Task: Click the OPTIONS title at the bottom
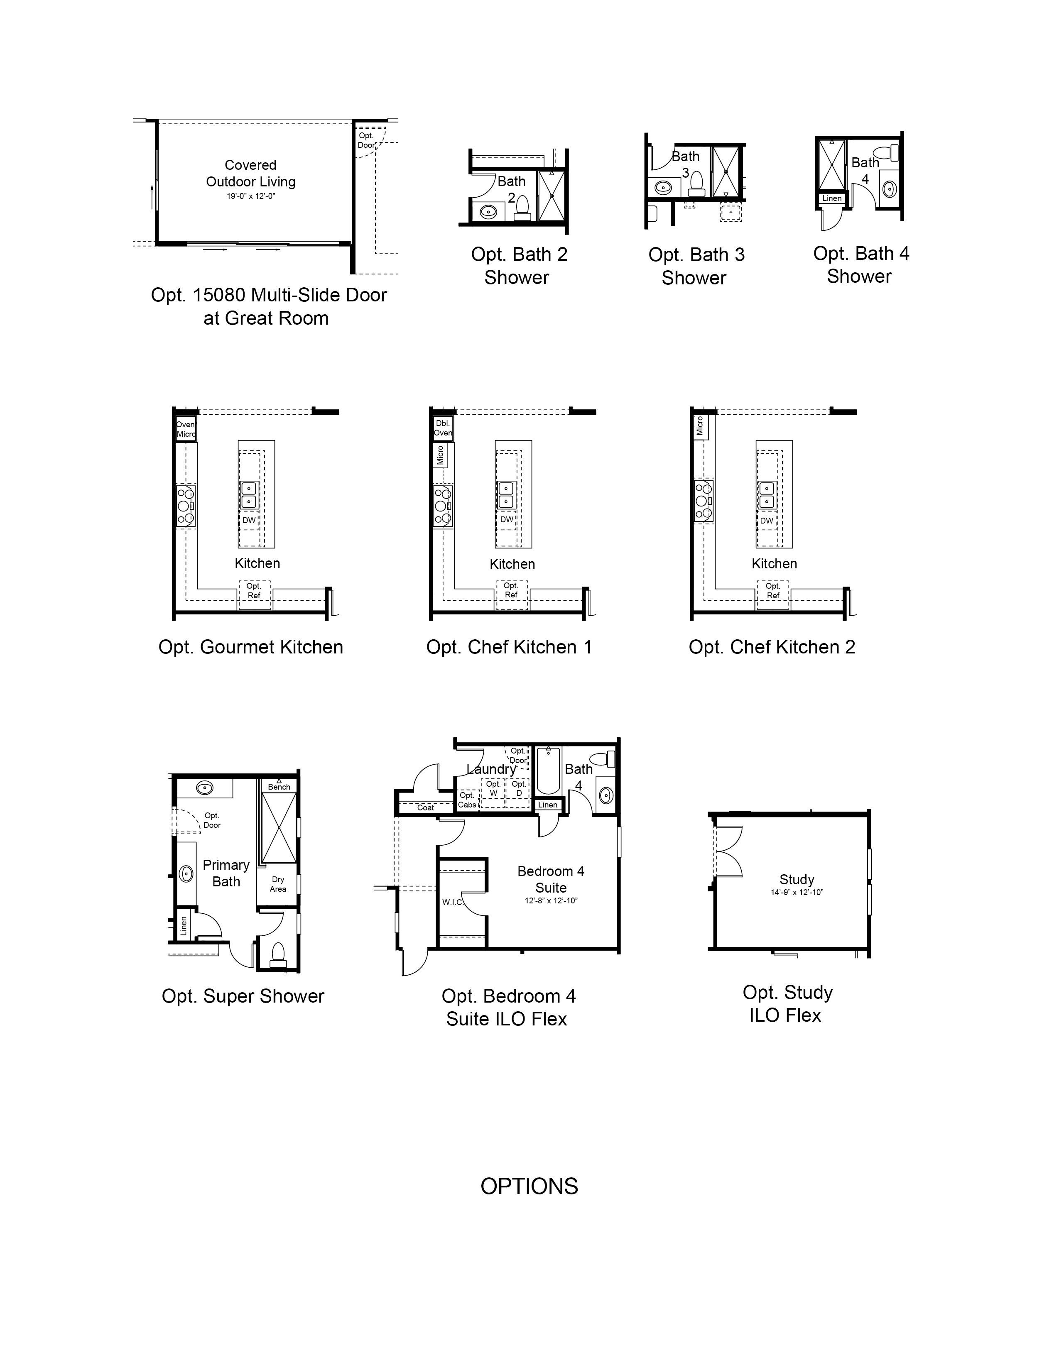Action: point(529,1186)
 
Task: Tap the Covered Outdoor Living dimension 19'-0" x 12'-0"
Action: point(251,196)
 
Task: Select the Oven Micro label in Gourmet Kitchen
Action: point(186,430)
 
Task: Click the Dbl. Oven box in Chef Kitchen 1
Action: point(443,428)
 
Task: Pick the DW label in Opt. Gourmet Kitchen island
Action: point(249,520)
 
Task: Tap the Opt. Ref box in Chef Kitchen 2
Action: point(773,594)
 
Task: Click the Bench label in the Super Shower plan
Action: point(279,787)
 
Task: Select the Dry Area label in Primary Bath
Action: point(278,884)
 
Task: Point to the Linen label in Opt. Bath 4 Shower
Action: point(832,198)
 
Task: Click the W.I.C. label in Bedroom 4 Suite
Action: point(452,902)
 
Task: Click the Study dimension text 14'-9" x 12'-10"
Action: point(797,893)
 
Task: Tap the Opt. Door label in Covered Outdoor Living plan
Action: point(366,140)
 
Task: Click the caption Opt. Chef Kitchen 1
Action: point(509,647)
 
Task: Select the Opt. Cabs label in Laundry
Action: point(467,800)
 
